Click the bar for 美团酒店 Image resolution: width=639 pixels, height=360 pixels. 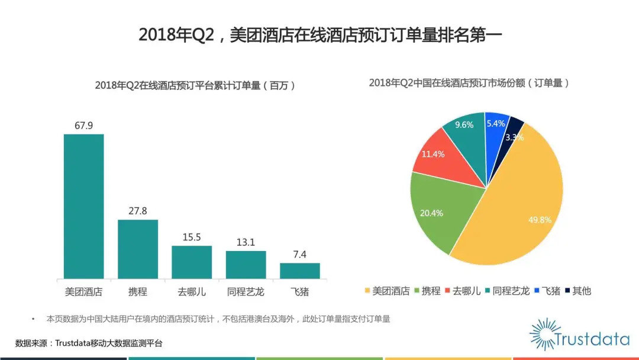(83, 206)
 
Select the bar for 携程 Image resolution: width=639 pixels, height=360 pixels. (138, 249)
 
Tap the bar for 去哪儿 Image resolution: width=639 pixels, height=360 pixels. (192, 262)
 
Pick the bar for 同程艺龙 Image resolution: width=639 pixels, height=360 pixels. (246, 264)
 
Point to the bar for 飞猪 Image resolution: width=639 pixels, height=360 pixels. (300, 271)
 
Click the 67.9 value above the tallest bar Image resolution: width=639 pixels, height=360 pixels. (83, 126)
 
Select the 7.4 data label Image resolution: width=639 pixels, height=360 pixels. (300, 255)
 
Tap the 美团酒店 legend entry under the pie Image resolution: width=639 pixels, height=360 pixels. (387, 291)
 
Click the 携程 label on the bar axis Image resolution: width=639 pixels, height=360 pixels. (138, 292)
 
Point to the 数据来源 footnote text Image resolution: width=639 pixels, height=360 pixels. (89, 343)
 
